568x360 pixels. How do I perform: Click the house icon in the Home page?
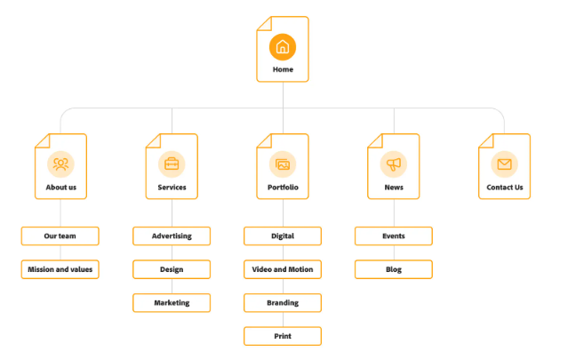[283, 46]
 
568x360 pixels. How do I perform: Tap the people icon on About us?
[60, 164]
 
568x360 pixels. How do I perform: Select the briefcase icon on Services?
[172, 164]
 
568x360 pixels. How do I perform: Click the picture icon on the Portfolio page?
[283, 164]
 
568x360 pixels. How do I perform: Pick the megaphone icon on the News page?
[394, 164]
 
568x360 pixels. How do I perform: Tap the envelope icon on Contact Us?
[504, 164]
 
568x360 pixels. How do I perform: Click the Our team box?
[60, 236]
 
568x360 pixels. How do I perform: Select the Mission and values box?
[60, 268]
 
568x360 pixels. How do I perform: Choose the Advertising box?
[172, 236]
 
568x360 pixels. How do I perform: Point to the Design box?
[172, 268]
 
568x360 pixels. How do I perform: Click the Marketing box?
[172, 302]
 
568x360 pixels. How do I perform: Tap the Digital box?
[283, 236]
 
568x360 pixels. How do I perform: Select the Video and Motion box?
[283, 268]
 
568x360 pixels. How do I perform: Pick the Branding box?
[283, 302]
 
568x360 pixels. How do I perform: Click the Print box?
[283, 336]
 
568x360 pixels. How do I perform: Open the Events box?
[394, 236]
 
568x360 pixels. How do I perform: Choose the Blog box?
[394, 268]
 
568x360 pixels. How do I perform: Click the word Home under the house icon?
[283, 69]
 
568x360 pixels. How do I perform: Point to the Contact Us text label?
[505, 188]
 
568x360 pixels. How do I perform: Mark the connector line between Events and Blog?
[394, 252]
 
